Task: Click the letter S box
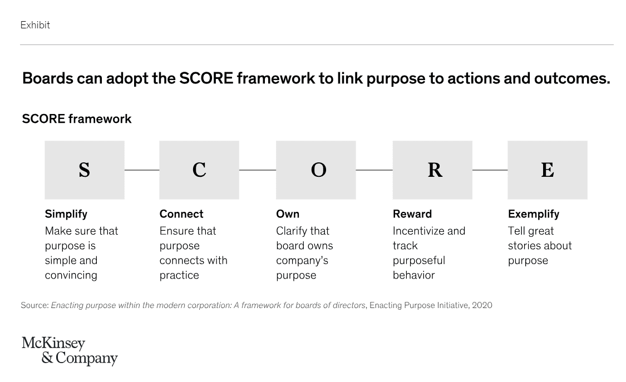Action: tap(85, 170)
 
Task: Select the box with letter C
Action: tap(199, 170)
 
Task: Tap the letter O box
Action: tap(316, 170)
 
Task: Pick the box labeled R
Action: tap(432, 170)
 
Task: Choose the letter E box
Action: tap(548, 170)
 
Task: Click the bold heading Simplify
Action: tap(66, 214)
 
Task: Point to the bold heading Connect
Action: tap(181, 214)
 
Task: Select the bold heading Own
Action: tap(288, 214)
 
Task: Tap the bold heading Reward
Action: tap(412, 214)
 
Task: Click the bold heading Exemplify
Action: tap(534, 214)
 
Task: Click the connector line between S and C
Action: tap(142, 170)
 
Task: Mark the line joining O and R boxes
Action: tap(374, 170)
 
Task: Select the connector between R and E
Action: tap(490, 170)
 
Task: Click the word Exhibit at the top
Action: tap(35, 25)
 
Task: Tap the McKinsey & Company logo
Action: tap(70, 351)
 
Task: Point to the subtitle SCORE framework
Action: tap(77, 119)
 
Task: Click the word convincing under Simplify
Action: tap(71, 275)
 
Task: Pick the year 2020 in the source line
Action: tap(482, 305)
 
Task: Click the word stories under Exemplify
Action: tap(525, 246)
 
